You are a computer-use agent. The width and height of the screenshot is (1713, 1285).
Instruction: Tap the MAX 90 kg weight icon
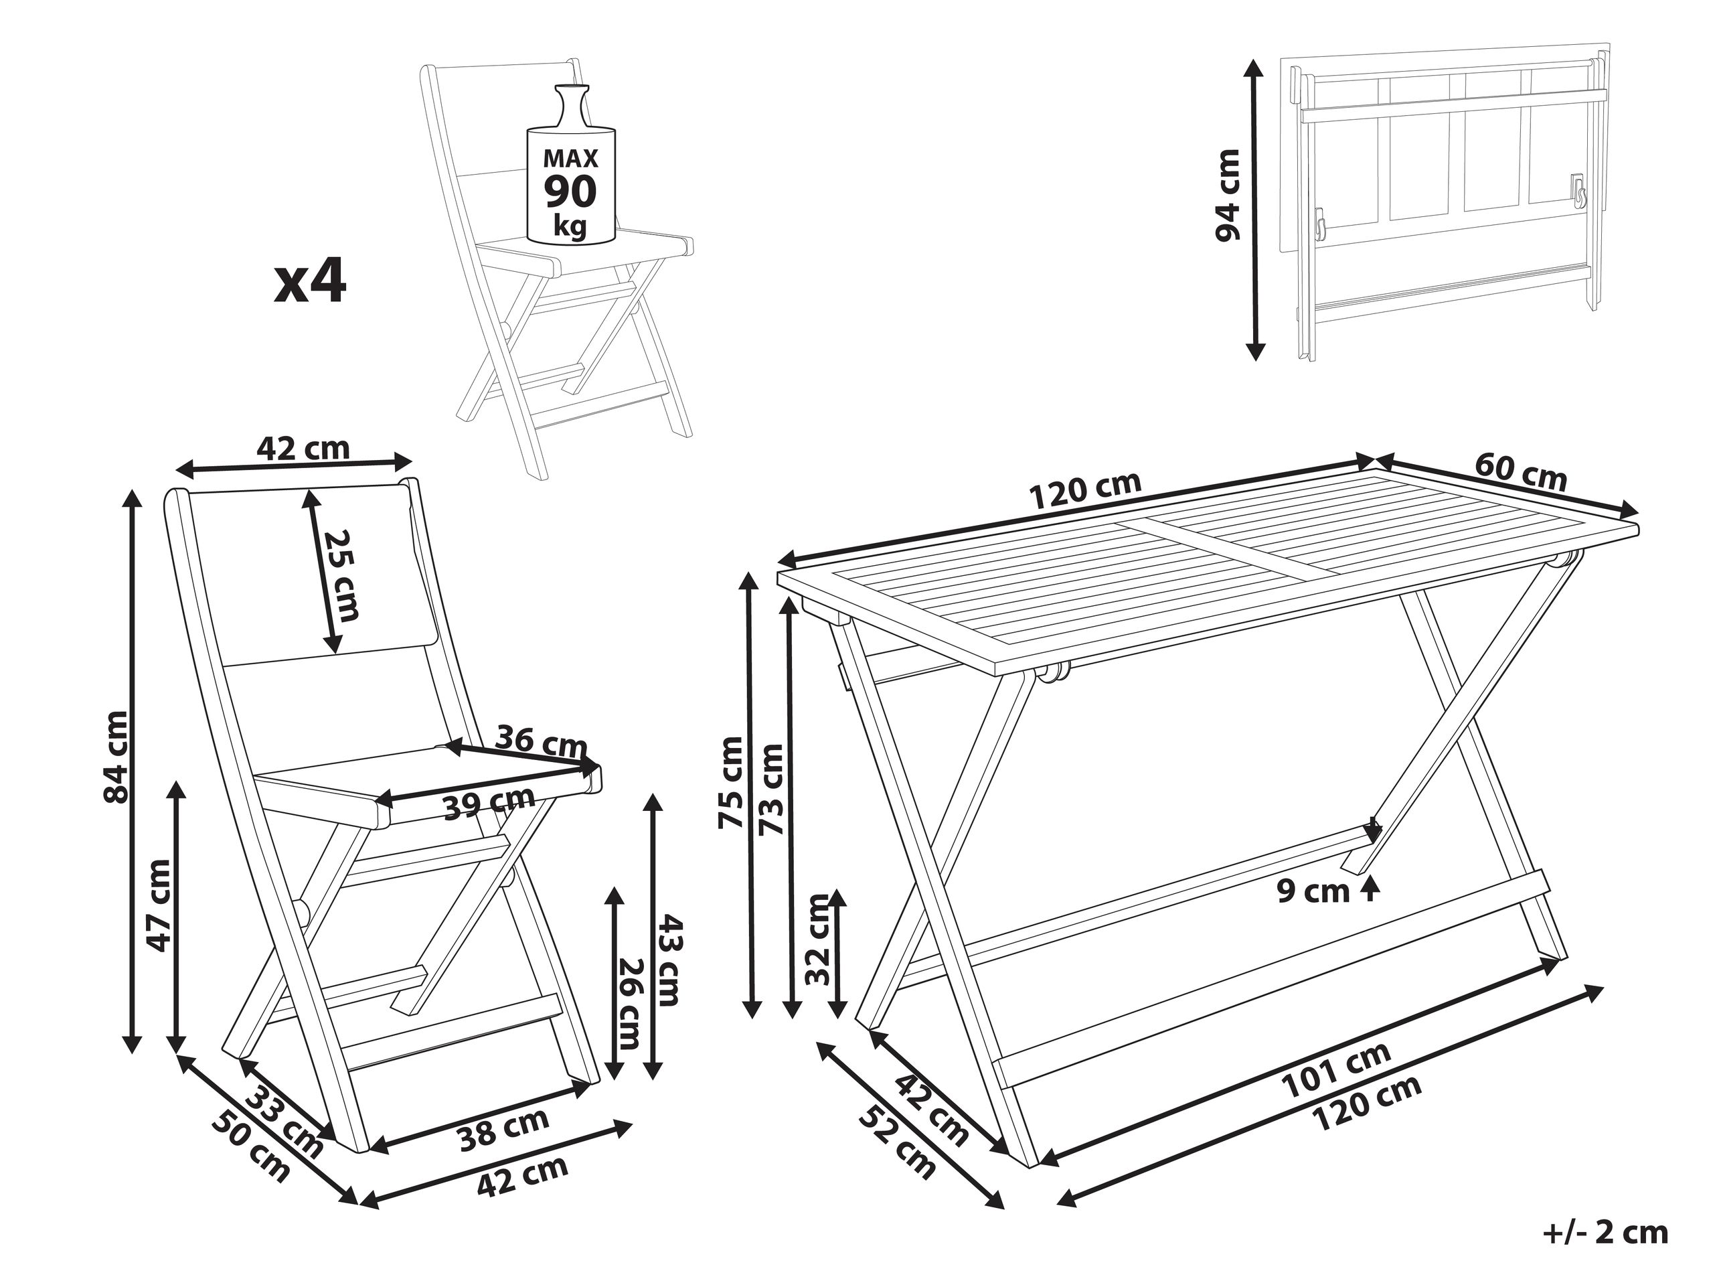[x=571, y=175]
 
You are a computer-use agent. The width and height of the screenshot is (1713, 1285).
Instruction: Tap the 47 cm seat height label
[x=159, y=904]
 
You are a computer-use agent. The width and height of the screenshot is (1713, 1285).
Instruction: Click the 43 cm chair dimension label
[x=671, y=960]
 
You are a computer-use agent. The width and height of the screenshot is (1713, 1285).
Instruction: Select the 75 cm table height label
[x=731, y=782]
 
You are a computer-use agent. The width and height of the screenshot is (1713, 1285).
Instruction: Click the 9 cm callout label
[x=1313, y=891]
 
